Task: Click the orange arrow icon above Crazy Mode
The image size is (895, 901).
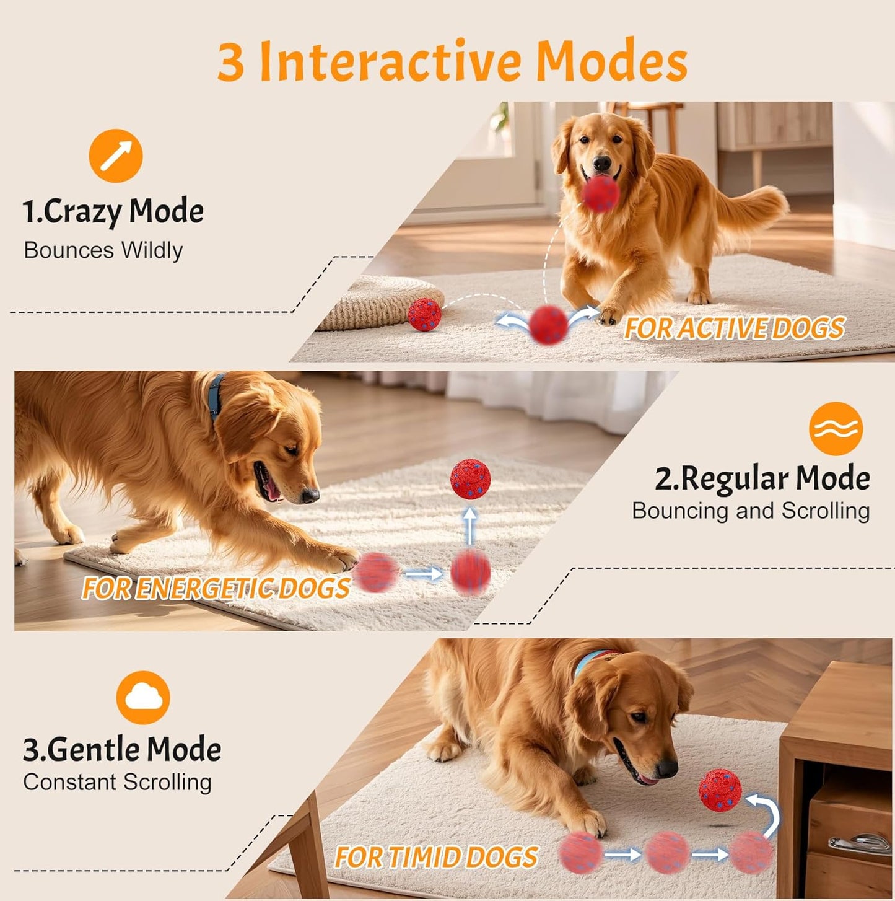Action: [116, 156]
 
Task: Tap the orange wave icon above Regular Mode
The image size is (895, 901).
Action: [836, 428]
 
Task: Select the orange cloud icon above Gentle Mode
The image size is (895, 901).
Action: [143, 698]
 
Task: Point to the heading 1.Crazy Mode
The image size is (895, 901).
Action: [113, 212]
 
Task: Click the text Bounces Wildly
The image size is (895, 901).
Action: [103, 250]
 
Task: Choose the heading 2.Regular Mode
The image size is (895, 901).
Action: [762, 478]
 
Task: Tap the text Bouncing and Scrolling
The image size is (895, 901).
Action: [751, 511]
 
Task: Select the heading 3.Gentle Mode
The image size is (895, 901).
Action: [122, 749]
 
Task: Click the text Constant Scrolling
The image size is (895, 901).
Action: [118, 782]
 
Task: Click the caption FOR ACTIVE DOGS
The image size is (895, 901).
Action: [735, 328]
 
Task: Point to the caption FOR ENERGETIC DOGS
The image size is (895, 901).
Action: [216, 589]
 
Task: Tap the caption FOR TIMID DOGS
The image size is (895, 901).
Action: [436, 858]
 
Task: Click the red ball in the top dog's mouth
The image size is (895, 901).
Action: [600, 193]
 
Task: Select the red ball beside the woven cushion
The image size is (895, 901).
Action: [425, 314]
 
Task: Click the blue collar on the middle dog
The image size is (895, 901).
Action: [216, 397]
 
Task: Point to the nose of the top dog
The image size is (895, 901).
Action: [601, 164]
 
